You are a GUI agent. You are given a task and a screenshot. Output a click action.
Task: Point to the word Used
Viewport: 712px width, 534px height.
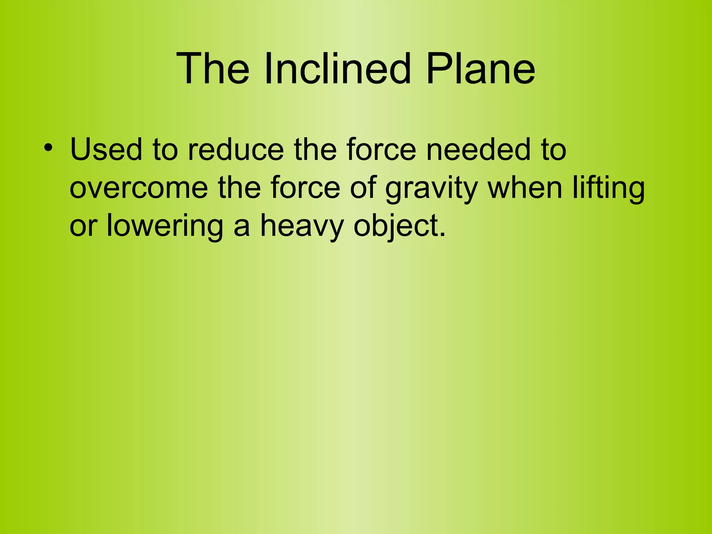coord(106,149)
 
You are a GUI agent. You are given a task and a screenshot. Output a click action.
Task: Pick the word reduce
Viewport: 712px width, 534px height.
coord(236,149)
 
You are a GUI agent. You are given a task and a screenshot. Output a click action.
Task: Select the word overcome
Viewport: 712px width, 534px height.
coord(139,188)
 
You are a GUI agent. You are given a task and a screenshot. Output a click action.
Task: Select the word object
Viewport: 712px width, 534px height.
coord(395,227)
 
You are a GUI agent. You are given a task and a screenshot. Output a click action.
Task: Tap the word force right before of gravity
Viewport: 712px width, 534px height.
coord(305,188)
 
